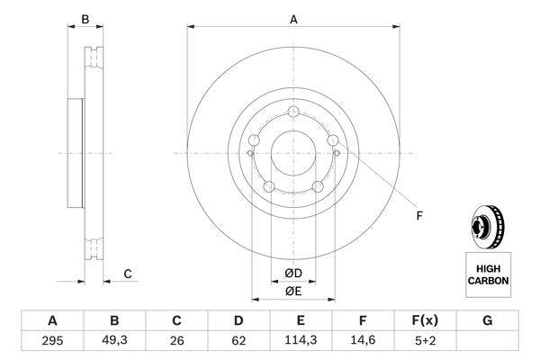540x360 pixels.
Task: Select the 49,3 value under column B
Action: pos(114,341)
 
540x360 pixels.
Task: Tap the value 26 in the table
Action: pos(176,341)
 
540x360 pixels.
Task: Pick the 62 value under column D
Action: pos(238,341)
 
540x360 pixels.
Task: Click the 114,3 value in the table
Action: pos(301,341)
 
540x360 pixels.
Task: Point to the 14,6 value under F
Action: pos(363,341)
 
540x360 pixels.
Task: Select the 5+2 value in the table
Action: pos(425,341)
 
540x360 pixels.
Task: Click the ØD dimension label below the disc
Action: pos(292,274)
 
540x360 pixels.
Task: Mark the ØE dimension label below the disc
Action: pos(292,292)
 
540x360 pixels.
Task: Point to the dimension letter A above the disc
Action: pos(292,19)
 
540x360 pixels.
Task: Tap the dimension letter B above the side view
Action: pos(85,19)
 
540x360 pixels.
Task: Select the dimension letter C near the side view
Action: pos(127,274)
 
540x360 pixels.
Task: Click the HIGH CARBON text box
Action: pos(487,275)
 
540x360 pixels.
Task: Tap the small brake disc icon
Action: pos(487,228)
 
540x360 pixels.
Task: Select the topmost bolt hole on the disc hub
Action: pos(294,112)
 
